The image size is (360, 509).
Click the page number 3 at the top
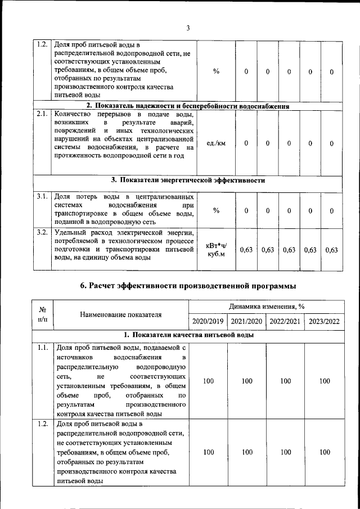(188, 28)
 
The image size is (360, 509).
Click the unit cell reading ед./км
(216, 143)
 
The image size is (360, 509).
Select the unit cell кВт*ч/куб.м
(216, 250)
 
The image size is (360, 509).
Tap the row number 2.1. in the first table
(41, 114)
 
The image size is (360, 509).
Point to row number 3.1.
(41, 197)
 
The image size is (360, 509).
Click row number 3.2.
(41, 232)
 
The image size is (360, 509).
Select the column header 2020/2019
(208, 321)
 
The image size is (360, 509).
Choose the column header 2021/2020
(246, 321)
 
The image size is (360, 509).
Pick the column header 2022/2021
(285, 321)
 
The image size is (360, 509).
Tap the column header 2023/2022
(324, 321)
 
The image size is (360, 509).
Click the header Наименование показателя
(120, 314)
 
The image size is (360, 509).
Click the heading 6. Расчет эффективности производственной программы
(188, 286)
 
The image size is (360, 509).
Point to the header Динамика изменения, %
(267, 307)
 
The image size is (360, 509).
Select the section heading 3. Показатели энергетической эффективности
(188, 181)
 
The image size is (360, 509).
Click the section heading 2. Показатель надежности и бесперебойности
(188, 106)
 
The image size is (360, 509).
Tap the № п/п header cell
(42, 314)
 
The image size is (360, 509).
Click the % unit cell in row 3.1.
(216, 210)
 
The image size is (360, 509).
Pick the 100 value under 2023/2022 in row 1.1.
(324, 381)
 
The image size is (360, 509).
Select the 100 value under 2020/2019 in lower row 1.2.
(208, 452)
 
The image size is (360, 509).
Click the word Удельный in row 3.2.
(69, 232)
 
